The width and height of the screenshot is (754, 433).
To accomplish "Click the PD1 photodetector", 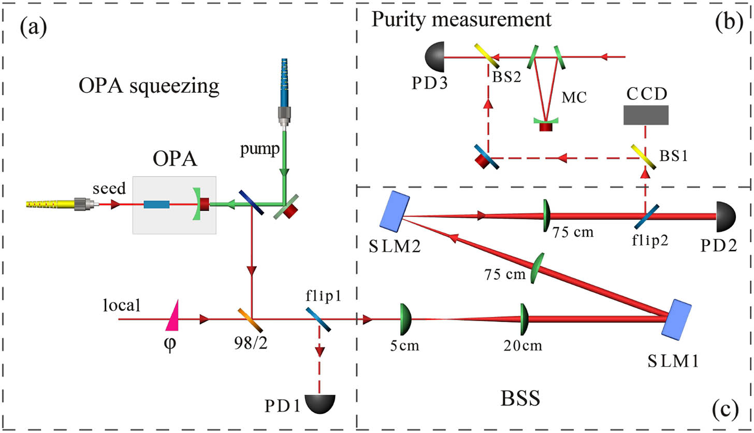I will [x=321, y=403].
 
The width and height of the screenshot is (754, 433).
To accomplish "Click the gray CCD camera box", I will [x=645, y=115].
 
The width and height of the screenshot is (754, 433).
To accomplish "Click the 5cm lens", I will [x=404, y=319].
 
